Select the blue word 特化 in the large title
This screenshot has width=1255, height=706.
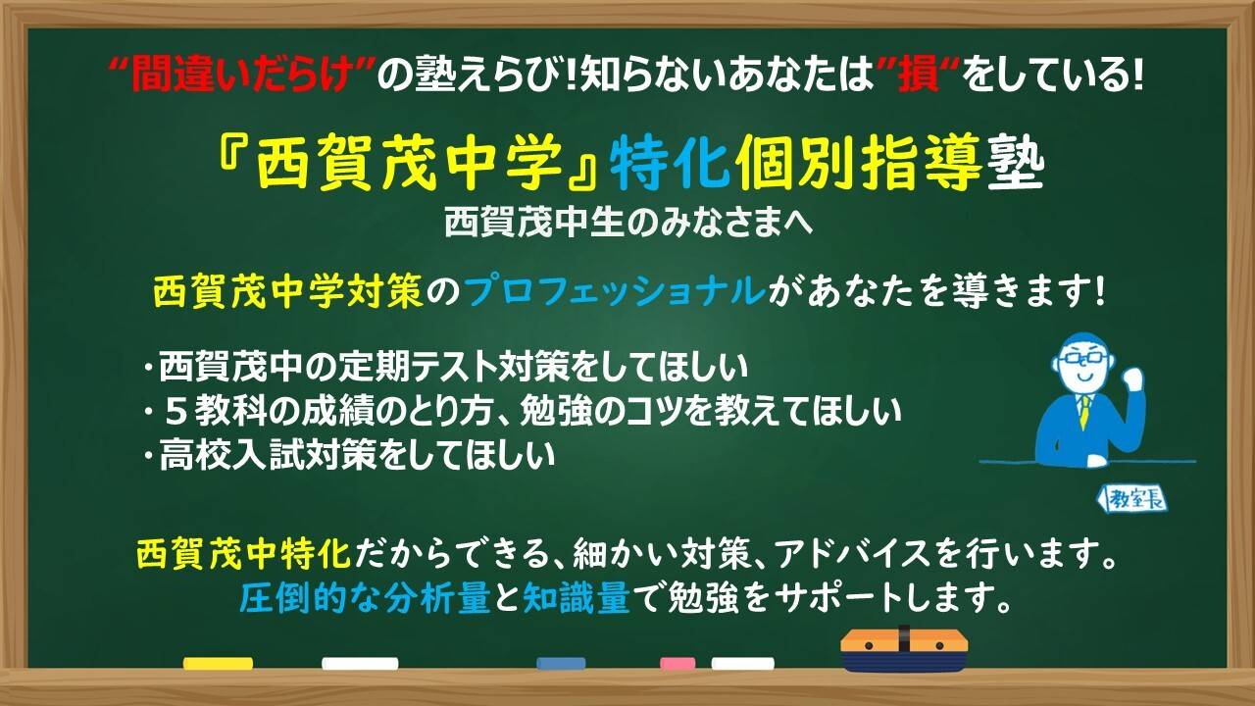point(671,163)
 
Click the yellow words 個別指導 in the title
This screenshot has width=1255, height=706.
point(858,163)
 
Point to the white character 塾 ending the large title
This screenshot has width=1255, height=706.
point(1015,163)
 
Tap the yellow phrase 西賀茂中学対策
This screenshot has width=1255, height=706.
point(288,291)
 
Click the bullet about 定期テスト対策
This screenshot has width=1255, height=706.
point(445,367)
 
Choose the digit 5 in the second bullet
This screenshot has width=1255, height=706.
point(176,412)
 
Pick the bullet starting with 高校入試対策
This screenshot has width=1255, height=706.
point(348,454)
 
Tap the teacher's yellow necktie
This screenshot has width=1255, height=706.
point(1085,411)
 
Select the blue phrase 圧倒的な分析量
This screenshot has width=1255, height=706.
point(365,598)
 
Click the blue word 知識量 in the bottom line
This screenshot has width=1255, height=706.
point(577,598)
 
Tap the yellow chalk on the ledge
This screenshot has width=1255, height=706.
point(218,664)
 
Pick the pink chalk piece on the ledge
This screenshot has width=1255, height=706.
point(678,664)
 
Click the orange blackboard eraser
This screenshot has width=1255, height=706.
point(904,650)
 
